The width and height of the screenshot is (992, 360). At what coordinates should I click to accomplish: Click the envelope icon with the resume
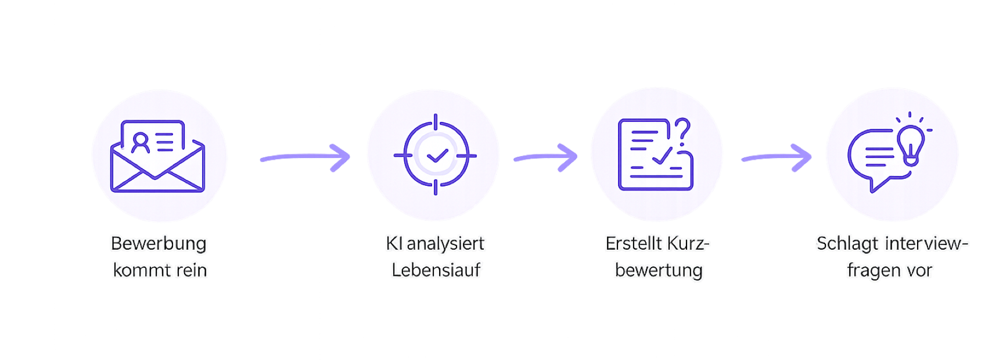point(157,156)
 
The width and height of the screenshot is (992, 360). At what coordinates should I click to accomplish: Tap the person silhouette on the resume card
point(141,143)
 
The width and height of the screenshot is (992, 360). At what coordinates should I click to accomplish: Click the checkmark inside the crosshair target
point(437,156)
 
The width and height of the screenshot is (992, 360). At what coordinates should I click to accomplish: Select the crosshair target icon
point(436,154)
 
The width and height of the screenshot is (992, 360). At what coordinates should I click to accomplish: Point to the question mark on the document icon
point(683,131)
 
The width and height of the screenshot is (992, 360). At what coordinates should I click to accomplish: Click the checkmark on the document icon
point(663,156)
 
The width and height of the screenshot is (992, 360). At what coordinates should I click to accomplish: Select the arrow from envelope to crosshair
point(305,157)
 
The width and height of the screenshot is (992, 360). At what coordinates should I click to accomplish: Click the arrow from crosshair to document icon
point(545,157)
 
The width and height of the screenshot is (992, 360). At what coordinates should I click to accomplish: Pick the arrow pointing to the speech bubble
point(777,157)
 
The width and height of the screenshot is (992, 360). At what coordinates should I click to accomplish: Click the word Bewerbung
point(159,244)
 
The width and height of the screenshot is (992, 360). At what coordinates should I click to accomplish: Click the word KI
point(394,243)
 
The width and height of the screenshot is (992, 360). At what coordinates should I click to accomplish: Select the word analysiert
point(445,244)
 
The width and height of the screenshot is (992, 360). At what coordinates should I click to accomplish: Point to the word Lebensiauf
point(436,269)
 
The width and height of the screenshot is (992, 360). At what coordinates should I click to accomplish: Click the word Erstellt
point(633,243)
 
